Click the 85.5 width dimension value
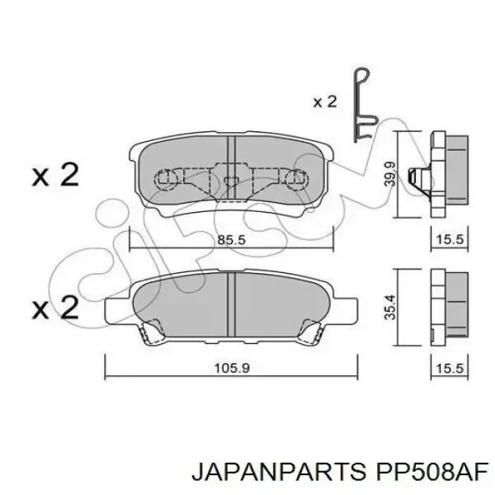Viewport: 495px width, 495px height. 231,240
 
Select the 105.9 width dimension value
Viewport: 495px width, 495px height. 232,368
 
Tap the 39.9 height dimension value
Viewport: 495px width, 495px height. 389,173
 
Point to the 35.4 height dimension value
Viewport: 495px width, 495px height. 389,307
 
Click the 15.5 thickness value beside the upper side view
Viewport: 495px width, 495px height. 450,240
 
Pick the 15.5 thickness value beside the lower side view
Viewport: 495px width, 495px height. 450,368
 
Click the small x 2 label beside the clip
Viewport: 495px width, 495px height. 325,102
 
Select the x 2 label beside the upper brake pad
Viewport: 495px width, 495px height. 55,175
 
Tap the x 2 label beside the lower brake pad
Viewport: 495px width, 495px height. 55,307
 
